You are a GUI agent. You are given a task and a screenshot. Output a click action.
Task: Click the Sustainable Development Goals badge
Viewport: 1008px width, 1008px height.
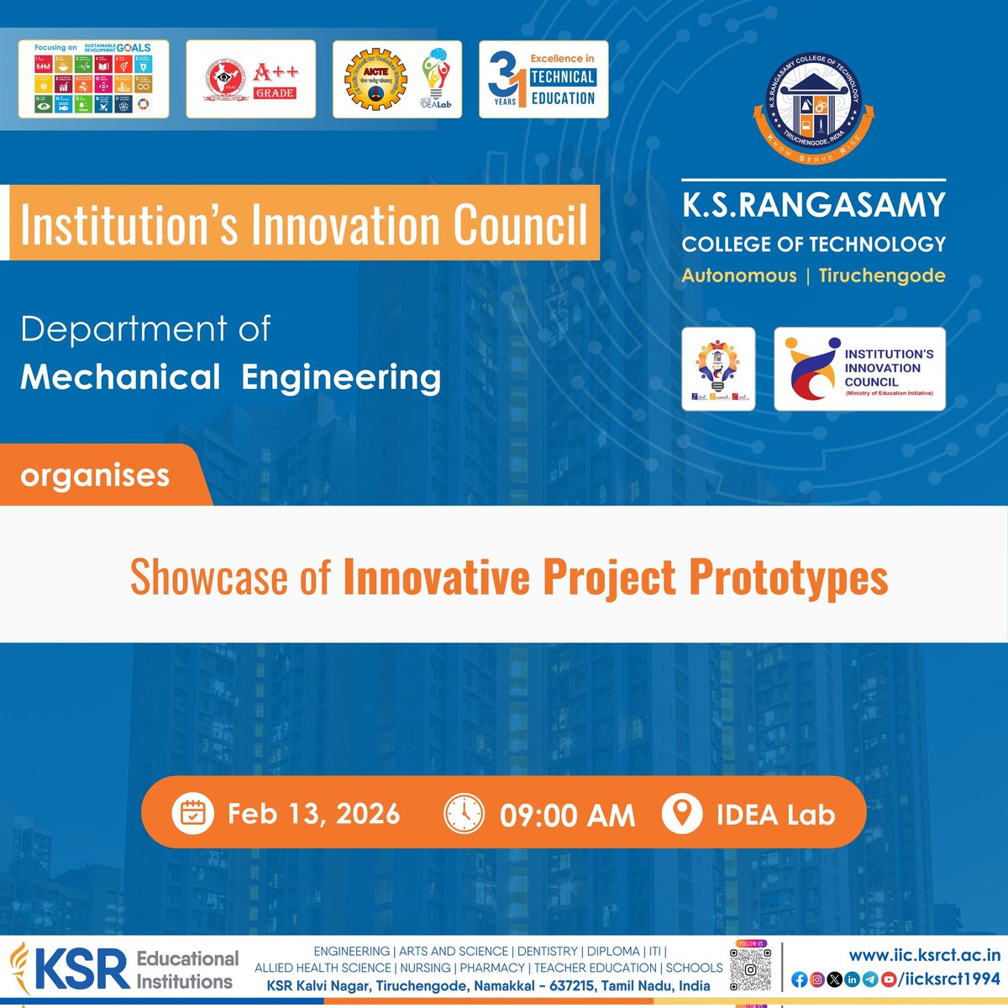click(93, 79)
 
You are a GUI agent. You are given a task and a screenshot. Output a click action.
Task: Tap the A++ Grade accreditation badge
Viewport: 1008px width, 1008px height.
click(250, 79)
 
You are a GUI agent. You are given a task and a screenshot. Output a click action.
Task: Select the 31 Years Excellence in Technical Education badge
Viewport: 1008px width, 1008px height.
click(543, 79)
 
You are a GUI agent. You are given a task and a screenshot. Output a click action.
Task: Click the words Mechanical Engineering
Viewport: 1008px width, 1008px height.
click(230, 377)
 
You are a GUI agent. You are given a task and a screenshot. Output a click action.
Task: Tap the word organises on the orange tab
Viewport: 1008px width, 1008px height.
click(95, 475)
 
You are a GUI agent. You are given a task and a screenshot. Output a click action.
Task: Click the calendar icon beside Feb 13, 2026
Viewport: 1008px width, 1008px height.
click(193, 813)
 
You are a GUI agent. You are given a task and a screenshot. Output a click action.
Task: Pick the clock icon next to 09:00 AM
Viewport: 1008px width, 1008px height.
click(464, 813)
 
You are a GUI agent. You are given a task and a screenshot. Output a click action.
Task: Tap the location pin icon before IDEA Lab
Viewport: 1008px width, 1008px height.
click(681, 813)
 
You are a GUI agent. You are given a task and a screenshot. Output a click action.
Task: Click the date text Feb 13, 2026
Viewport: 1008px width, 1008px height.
click(313, 813)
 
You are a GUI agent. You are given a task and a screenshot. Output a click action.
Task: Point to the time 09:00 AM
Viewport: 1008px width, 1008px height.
click(567, 815)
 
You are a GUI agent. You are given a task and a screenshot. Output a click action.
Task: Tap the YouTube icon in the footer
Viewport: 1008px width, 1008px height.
click(888, 979)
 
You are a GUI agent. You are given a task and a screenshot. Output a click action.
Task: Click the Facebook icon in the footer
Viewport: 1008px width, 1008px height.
click(799, 979)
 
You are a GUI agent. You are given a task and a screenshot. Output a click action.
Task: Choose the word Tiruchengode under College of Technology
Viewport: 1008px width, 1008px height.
click(881, 276)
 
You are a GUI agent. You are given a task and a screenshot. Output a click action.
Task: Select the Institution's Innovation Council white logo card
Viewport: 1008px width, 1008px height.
click(859, 370)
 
